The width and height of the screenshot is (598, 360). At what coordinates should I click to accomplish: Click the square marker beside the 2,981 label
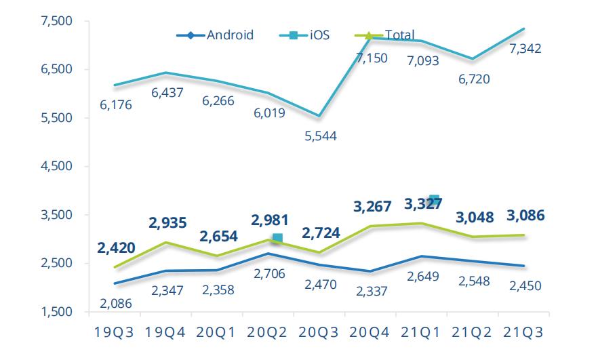[277, 238]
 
